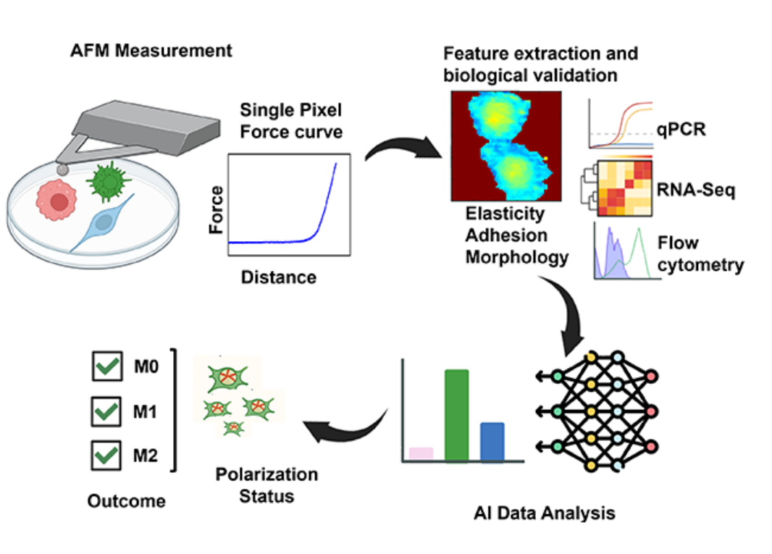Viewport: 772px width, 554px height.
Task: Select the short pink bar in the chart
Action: (x=421, y=453)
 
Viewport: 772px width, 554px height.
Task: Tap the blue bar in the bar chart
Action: (x=492, y=442)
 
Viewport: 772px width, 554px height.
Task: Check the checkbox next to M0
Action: (x=108, y=366)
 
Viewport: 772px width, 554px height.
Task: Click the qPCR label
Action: (x=681, y=132)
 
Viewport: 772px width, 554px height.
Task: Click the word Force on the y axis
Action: (x=215, y=209)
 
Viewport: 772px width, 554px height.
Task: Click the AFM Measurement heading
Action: (x=151, y=51)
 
